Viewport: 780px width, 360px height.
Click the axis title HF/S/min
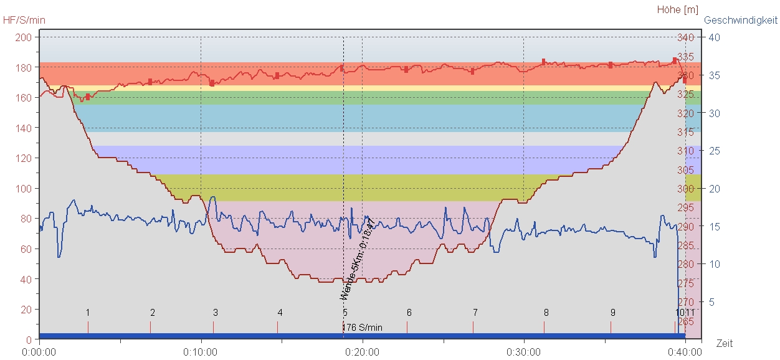(x=24, y=20)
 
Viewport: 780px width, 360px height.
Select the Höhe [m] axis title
(x=678, y=9)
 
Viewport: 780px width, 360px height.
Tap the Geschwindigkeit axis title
(x=741, y=20)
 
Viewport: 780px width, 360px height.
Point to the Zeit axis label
(x=725, y=343)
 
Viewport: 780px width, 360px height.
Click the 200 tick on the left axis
(x=24, y=37)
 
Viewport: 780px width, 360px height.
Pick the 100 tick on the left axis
(x=24, y=189)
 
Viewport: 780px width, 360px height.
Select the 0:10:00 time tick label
(x=201, y=352)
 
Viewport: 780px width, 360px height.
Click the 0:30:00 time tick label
(x=523, y=352)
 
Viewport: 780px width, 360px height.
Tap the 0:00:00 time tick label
(x=39, y=352)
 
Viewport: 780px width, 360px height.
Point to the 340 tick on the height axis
(x=685, y=37)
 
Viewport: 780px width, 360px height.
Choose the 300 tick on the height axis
(x=685, y=189)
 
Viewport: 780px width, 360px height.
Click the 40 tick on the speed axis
(x=715, y=37)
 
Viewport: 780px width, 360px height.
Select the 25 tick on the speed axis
(x=715, y=151)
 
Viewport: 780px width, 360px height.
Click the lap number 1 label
(x=88, y=312)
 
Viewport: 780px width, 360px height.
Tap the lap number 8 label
(x=546, y=312)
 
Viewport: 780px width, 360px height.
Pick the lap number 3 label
(x=216, y=312)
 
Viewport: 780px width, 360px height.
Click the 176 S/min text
(x=363, y=327)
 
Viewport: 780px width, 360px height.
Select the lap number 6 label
(x=409, y=312)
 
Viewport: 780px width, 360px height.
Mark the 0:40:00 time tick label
(x=685, y=352)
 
